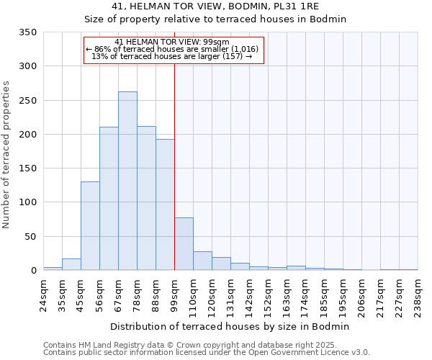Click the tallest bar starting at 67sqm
(x=127, y=181)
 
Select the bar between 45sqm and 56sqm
(x=90, y=226)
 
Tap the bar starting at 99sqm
(x=184, y=244)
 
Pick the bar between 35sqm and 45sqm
(x=71, y=264)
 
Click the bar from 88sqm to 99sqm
(x=165, y=204)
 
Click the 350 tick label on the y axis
(x=27, y=32)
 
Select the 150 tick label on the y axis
(x=27, y=168)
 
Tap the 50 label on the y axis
(x=30, y=237)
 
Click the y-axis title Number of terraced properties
(x=7, y=155)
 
